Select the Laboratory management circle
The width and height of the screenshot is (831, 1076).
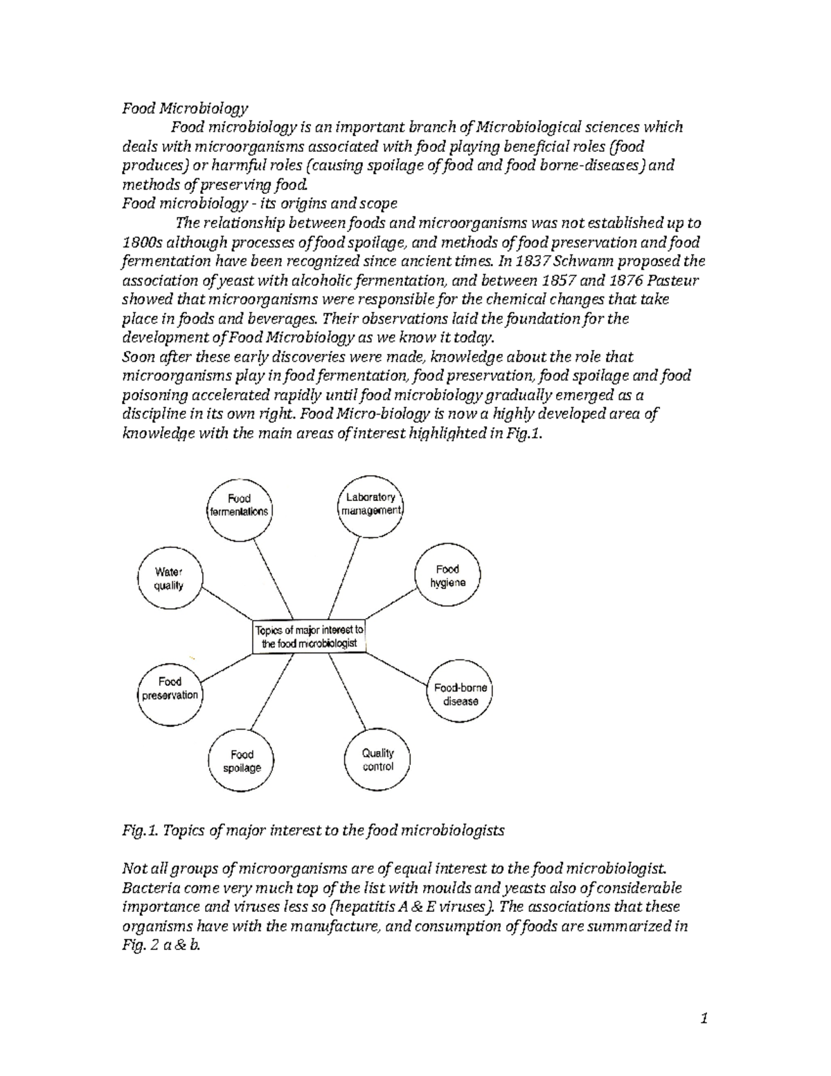371,504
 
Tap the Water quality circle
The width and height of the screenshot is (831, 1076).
169,579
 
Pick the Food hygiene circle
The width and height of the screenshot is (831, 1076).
447,576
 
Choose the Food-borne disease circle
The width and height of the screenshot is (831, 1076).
461,694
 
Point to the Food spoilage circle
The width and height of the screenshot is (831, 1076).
242,761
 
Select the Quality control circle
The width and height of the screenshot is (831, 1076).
377,759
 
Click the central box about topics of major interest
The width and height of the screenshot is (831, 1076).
309,636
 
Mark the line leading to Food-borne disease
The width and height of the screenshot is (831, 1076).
395,669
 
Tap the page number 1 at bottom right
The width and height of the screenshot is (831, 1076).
704,1018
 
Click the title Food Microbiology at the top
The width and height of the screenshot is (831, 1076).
185,108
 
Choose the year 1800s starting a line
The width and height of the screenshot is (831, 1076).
142,242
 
